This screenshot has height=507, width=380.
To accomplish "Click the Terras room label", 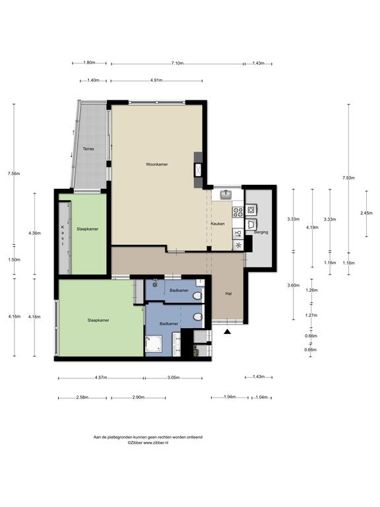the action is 88,149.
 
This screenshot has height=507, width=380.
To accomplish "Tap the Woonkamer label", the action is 157,164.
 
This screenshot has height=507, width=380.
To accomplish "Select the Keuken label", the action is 218,224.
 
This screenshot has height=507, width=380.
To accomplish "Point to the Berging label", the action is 261,232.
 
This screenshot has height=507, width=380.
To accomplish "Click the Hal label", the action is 228,294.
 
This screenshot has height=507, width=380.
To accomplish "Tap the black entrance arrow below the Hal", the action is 228,331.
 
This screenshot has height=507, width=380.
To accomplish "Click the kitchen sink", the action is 226,195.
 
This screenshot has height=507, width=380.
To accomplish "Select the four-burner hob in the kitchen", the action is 238,212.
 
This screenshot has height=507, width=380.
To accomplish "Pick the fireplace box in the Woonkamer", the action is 198,170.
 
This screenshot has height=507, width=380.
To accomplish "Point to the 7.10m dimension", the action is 177,63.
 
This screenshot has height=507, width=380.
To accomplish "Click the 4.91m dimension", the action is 156,81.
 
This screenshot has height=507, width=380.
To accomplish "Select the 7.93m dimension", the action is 348,178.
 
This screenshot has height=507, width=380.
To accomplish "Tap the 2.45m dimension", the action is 366,213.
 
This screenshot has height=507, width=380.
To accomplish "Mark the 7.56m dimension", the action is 14,174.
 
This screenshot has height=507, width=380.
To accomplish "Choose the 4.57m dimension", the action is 101,378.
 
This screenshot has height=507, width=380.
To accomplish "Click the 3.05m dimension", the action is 174,378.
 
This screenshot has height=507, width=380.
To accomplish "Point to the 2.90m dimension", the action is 139,397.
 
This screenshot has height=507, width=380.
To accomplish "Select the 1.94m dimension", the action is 230,397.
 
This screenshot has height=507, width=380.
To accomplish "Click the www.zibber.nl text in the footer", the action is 156,443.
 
